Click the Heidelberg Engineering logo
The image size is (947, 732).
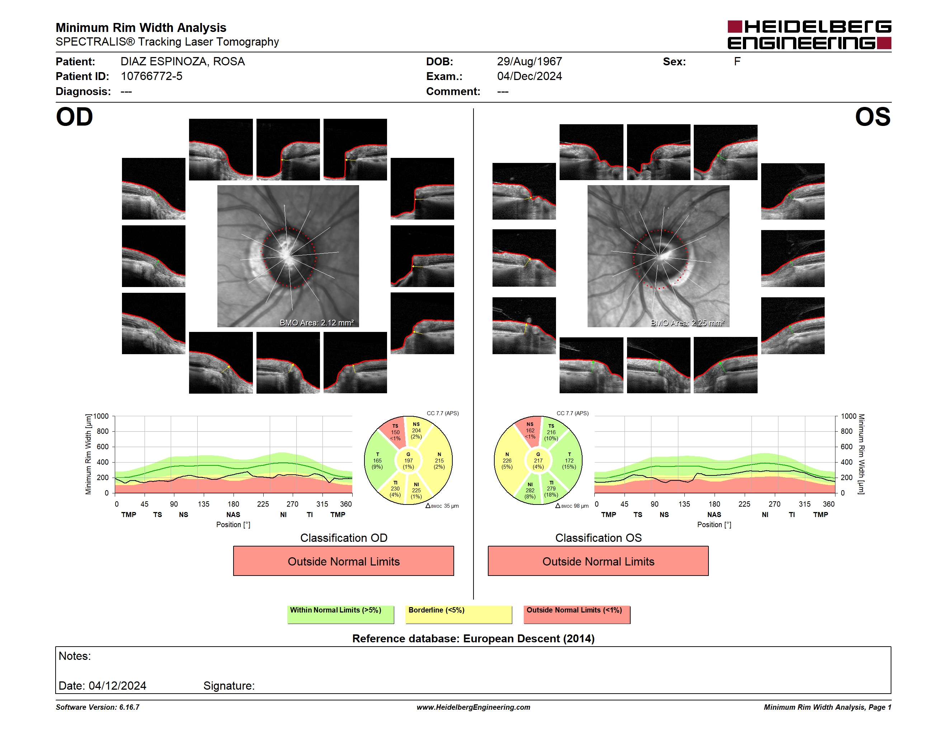point(809,35)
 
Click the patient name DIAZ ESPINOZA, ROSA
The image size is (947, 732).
point(183,62)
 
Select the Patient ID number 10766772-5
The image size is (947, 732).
point(151,76)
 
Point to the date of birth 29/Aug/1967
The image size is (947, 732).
point(529,62)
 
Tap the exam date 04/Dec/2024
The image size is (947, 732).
point(529,76)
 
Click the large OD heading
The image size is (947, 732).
point(74,117)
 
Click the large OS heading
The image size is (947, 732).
point(872,117)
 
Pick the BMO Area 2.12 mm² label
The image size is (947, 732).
point(316,323)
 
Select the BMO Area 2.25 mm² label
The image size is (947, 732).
point(687,323)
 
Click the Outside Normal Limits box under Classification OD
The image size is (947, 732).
point(343,561)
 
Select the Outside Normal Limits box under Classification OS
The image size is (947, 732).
point(598,561)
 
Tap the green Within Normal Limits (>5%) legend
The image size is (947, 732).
point(340,614)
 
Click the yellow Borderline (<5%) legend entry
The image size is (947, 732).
point(458,614)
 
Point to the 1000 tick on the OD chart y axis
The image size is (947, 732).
point(101,416)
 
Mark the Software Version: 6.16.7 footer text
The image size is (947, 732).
point(98,707)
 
